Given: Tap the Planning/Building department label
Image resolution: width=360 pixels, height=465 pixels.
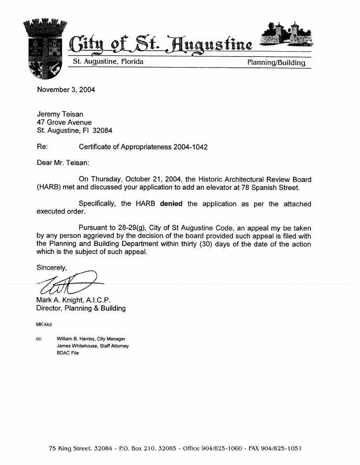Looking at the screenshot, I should tap(276, 63).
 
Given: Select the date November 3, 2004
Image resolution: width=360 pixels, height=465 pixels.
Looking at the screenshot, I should tap(66, 90).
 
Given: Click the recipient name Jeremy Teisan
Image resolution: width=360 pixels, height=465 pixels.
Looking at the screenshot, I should tap(60, 114).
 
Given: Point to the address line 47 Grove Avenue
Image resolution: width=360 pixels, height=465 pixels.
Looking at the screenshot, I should tap(64, 122).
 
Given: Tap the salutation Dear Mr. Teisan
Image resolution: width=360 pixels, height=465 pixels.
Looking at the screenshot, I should tap(63, 163).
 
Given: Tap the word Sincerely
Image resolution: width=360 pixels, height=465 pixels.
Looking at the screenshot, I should tap(52, 268).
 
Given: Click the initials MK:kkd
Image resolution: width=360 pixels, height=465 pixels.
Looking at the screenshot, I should tap(44, 325).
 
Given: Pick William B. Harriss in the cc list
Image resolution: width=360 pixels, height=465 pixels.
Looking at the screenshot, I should tap(76, 339).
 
